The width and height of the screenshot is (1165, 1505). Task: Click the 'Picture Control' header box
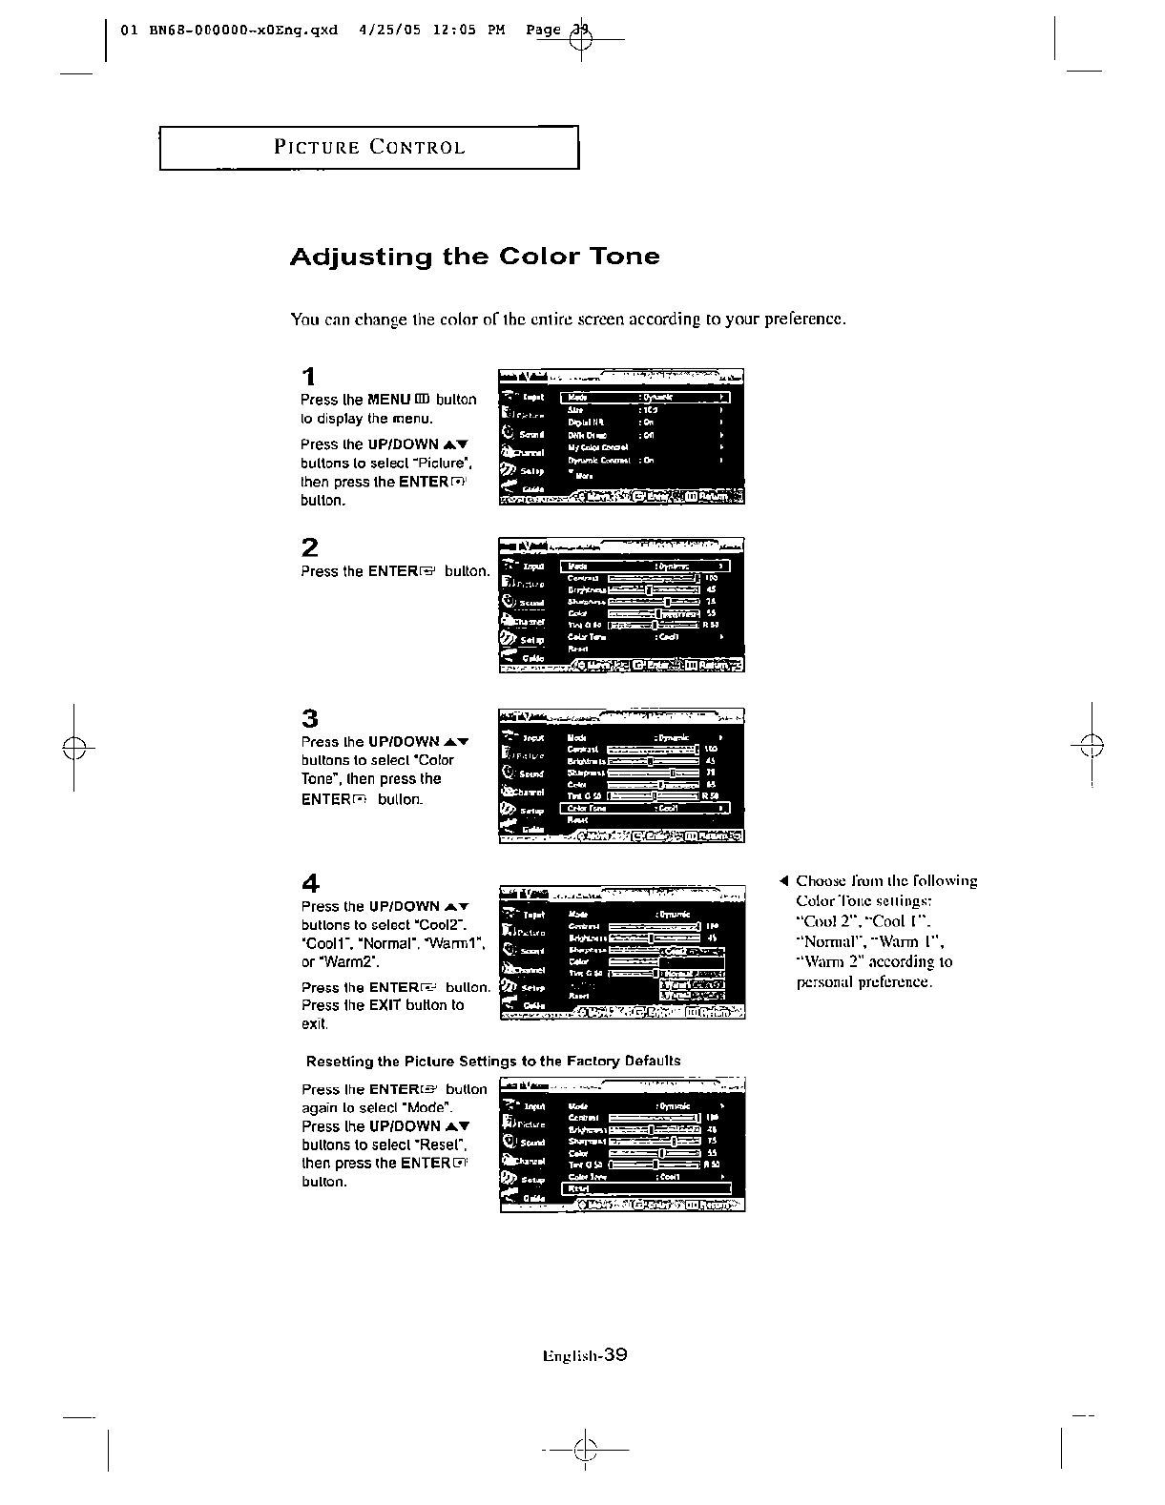tap(369, 148)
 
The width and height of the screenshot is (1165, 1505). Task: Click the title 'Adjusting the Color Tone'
tap(474, 257)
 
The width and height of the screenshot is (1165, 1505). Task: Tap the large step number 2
tap(309, 547)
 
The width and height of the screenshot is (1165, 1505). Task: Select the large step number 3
tap(309, 718)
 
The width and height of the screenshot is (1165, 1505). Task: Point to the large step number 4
tap(309, 883)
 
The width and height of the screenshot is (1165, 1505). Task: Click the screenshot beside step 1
tap(621, 436)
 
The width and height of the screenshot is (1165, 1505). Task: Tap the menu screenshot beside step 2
tap(621, 606)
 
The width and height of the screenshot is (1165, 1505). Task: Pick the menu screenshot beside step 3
tap(621, 776)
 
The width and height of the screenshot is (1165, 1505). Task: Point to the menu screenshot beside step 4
tap(621, 952)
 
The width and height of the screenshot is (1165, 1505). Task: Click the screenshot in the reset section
tap(621, 1144)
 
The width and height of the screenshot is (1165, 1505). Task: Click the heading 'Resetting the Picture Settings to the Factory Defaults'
tap(493, 1062)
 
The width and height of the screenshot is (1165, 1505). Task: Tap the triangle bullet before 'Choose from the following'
tap(783, 880)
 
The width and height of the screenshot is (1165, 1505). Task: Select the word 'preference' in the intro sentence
tap(804, 319)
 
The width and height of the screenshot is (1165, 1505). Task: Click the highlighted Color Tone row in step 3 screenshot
tap(645, 808)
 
